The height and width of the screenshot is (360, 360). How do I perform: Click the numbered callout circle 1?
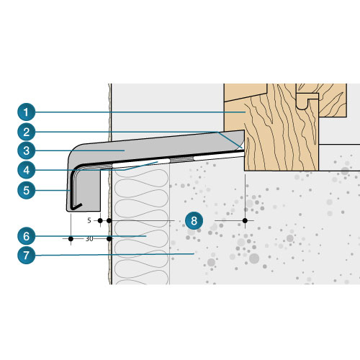[x=27, y=112]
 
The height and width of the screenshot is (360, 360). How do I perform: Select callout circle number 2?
[x=27, y=132]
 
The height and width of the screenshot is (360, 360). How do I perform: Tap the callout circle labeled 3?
[x=27, y=150]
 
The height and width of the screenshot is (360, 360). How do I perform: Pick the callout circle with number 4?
[x=27, y=170]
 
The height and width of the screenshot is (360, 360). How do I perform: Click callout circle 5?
[x=27, y=190]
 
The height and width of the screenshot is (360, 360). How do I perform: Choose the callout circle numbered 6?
[x=27, y=236]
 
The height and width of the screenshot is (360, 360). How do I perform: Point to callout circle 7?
[x=27, y=255]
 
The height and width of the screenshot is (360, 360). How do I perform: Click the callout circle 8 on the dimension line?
[x=194, y=220]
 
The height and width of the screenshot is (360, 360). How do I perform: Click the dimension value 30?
[x=89, y=239]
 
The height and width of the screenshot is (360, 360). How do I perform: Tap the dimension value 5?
[x=89, y=220]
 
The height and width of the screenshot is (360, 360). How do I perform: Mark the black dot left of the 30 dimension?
[x=71, y=239]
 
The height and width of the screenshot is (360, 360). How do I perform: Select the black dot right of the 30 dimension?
[x=109, y=239]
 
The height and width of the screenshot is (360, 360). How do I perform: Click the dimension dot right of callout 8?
[x=245, y=220]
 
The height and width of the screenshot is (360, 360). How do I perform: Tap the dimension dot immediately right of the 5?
[x=100, y=220]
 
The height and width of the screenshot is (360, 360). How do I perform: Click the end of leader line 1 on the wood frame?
[x=246, y=112]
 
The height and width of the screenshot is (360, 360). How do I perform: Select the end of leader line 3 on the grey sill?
[x=125, y=150]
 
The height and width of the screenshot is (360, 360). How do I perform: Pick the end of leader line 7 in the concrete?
[x=194, y=253]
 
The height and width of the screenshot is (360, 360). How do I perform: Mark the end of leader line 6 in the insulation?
[x=146, y=236]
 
